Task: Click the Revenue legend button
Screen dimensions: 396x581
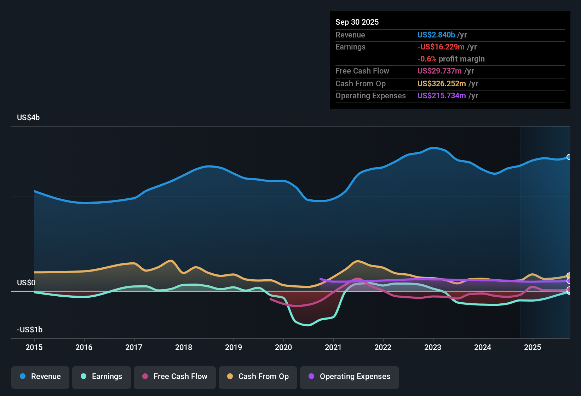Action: pos(40,377)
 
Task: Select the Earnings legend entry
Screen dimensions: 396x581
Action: pos(102,377)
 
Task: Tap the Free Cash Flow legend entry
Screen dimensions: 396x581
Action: pos(175,377)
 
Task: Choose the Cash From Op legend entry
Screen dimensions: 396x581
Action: pos(258,377)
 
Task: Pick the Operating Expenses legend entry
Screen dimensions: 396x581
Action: pos(350,377)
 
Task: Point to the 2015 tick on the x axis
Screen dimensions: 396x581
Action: pos(34,347)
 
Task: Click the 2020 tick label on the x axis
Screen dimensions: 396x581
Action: pos(283,347)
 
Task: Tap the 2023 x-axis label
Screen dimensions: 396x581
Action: pos(433,347)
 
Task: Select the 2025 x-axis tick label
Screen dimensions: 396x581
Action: pos(533,347)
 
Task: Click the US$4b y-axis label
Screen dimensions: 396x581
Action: pos(28,118)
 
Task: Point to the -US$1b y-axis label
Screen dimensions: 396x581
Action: pos(30,330)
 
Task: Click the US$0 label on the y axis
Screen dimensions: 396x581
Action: pos(26,283)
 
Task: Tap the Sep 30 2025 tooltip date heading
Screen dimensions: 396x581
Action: pos(357,22)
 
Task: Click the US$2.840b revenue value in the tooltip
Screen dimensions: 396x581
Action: pos(436,35)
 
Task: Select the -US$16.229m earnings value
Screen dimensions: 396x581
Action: pos(441,47)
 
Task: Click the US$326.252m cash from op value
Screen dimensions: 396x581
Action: pos(442,84)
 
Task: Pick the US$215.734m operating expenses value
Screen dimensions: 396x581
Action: pos(442,96)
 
